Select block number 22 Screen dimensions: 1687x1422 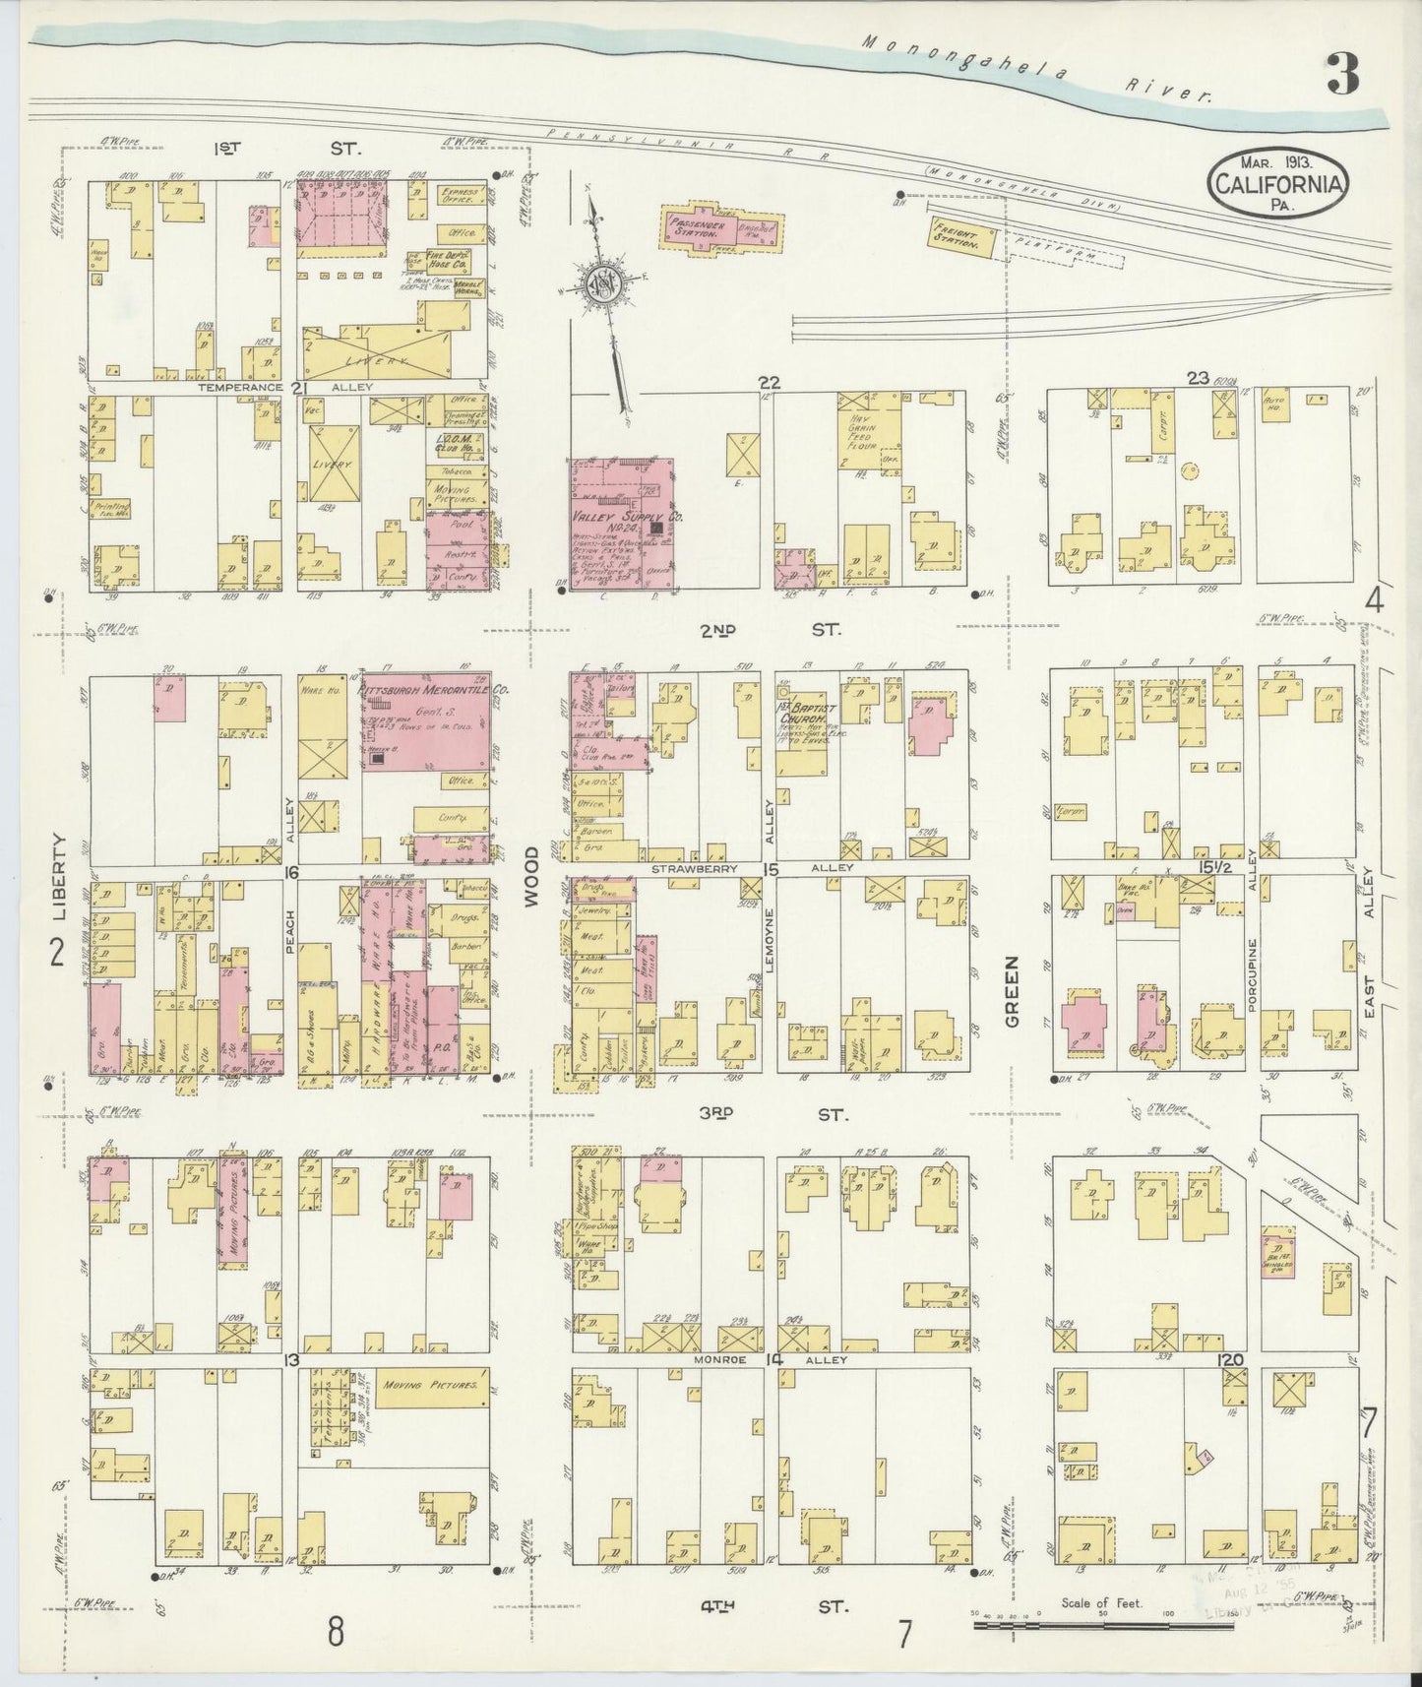(x=769, y=382)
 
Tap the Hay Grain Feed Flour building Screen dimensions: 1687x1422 (x=868, y=436)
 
